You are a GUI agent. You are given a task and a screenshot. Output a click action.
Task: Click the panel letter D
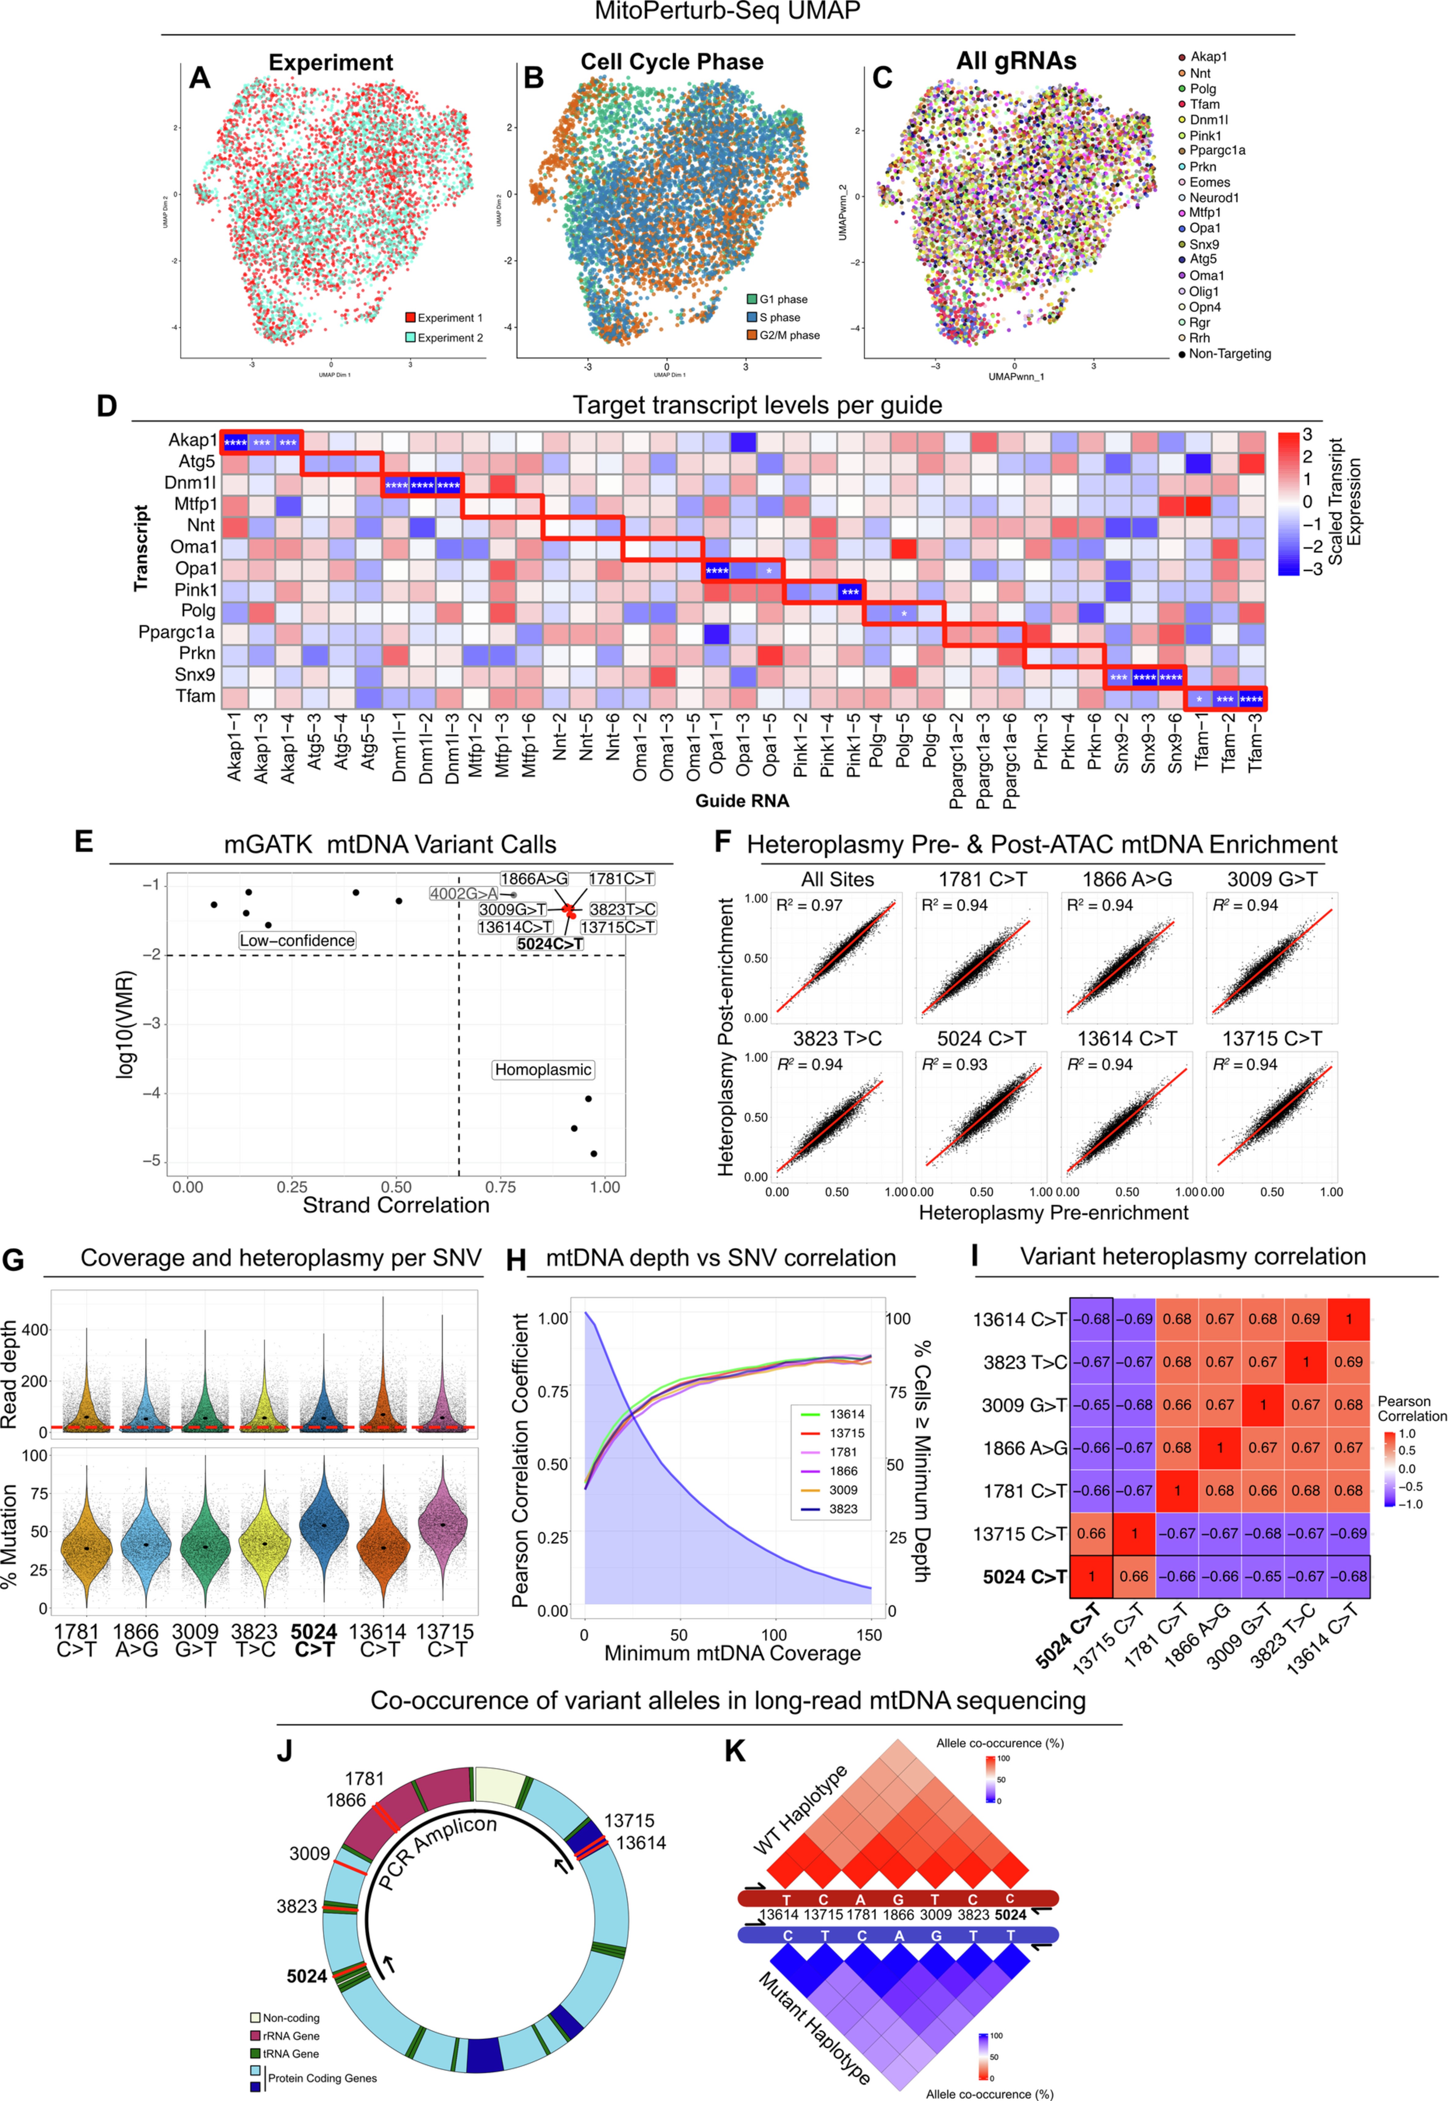pos(106,406)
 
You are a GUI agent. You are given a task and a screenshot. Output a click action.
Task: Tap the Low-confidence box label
pos(297,941)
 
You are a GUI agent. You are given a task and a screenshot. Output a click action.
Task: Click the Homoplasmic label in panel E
pos(543,1069)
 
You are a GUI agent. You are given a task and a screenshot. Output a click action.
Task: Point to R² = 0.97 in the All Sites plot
pos(809,905)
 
